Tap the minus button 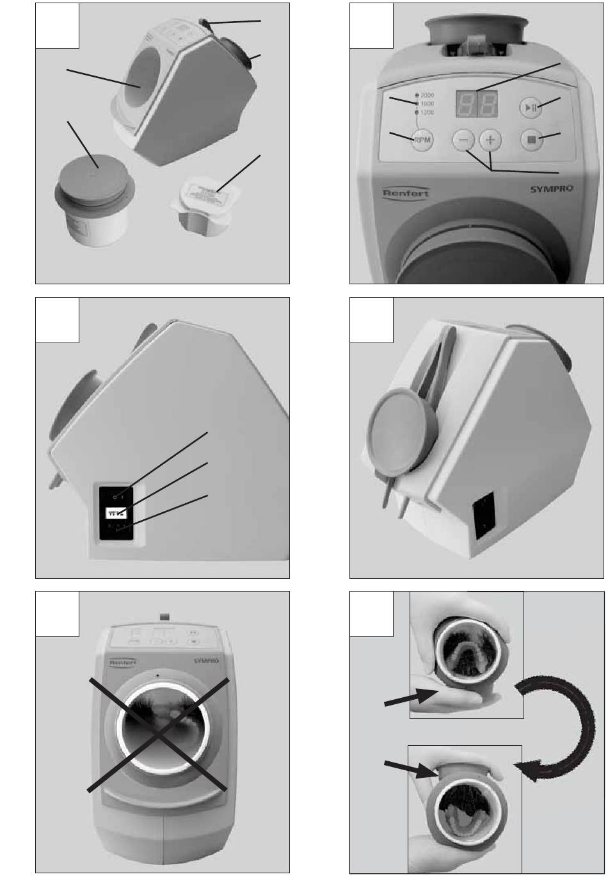click(x=465, y=140)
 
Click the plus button click(x=490, y=140)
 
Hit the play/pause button click(x=531, y=108)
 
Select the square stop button click(x=531, y=139)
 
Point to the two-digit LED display click(x=476, y=103)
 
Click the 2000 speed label click(x=428, y=95)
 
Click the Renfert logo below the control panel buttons click(x=406, y=193)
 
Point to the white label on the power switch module click(x=116, y=512)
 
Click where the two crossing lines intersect click(x=158, y=734)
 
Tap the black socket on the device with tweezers click(x=484, y=516)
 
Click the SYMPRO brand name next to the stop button click(x=552, y=188)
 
